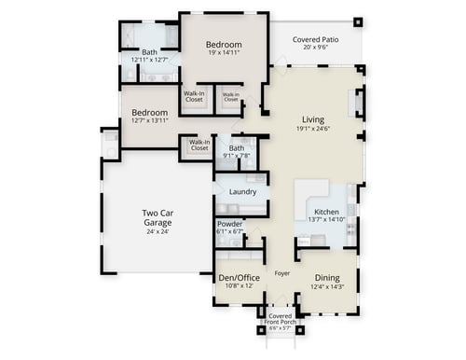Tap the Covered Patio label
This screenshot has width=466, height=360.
pos(314,39)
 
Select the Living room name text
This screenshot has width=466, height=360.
pos(313,118)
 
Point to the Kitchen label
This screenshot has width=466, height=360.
pos(326,213)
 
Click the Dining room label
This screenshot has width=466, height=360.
pos(326,277)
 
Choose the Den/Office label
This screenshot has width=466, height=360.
pos(240,277)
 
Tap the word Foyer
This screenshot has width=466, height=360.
pos(283,273)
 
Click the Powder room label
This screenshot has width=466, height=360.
pos(230,224)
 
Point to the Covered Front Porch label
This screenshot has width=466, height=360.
pos(280,318)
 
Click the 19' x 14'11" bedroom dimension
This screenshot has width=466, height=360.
pos(224,53)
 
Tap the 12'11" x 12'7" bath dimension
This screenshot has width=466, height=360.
pos(149,61)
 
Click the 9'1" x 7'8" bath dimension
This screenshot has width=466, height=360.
pos(237,156)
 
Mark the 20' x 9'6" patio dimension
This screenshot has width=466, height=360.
pos(314,48)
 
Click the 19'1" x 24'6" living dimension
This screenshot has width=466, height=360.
pos(313,129)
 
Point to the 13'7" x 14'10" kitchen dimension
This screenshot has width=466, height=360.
pos(326,221)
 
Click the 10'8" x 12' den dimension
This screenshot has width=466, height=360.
pos(240,285)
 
